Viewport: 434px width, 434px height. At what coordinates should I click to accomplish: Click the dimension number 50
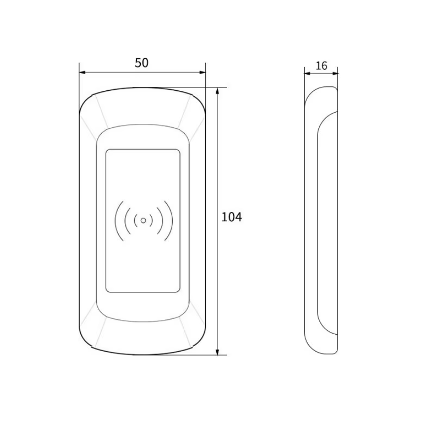coord(141,63)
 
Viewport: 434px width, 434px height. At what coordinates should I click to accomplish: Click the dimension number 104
coord(232,217)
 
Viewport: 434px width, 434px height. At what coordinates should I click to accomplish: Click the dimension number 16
coord(321,66)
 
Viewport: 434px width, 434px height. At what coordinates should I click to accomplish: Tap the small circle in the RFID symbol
coord(143,221)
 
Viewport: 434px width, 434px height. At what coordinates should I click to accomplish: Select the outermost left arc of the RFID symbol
coord(116,221)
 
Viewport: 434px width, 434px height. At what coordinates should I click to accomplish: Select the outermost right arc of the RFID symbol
coord(172,221)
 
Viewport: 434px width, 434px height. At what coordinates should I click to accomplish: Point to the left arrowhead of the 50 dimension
coord(82,73)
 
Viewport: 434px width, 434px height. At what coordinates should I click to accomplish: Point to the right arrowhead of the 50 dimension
coord(202,73)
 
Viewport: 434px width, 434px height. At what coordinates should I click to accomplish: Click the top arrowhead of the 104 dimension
coord(217,91)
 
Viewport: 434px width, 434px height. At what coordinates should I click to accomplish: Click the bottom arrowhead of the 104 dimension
coord(217,352)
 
